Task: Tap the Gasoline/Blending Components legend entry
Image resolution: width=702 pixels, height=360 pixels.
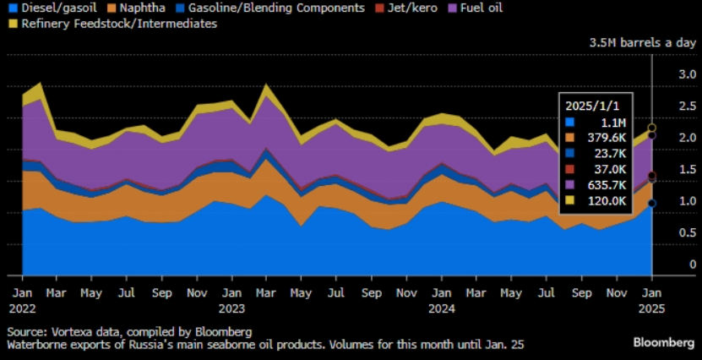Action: [269, 8]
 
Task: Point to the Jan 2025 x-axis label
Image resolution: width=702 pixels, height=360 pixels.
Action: [652, 301]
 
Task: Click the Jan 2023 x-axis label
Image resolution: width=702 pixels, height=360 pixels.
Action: [231, 301]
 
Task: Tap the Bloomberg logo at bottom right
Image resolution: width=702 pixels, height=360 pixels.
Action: [664, 342]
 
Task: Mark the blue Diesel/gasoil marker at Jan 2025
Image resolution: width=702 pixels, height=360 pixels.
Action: [652, 203]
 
